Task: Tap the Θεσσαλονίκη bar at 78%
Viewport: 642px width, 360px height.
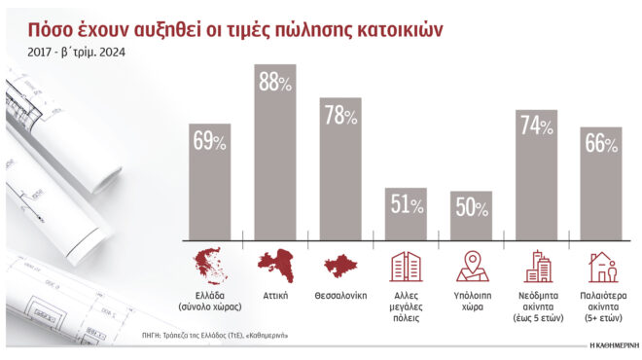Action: [x=340, y=169]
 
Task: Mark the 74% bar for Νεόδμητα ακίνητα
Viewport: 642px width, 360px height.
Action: [x=535, y=175]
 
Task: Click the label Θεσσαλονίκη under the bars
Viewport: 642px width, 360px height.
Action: [x=340, y=295]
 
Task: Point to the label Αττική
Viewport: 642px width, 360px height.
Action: [x=275, y=295]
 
